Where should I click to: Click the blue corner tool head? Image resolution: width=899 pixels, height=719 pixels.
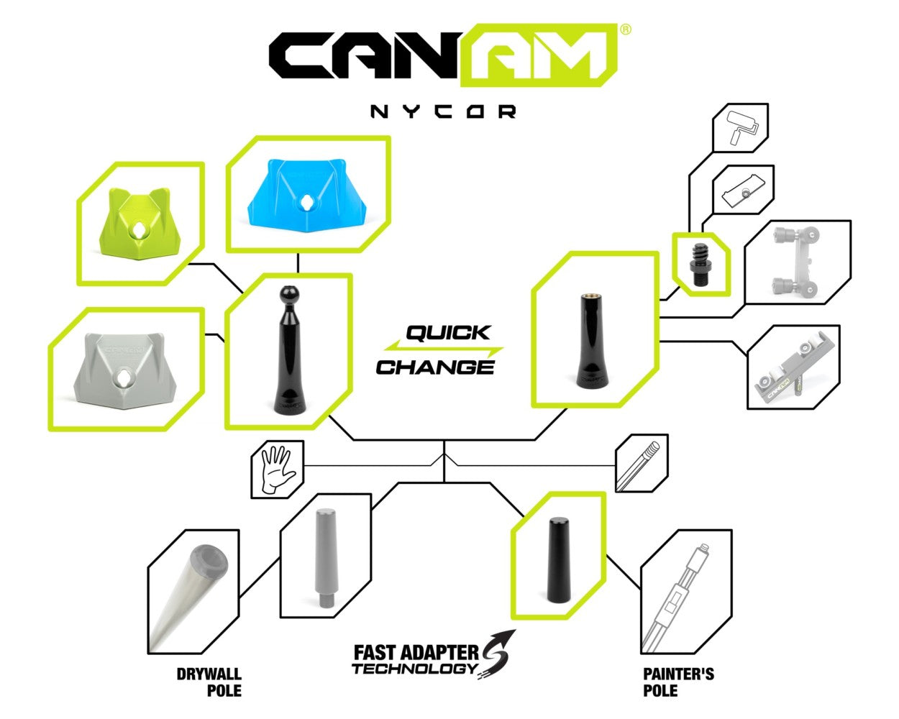(x=307, y=196)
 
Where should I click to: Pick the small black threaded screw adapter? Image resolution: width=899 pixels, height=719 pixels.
(x=701, y=265)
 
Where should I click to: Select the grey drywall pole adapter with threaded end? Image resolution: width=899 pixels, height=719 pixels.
(x=325, y=558)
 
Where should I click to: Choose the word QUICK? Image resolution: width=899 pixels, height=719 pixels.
(x=448, y=333)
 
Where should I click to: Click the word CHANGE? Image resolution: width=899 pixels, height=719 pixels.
(x=435, y=367)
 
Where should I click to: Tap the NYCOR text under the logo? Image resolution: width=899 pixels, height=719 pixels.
(x=443, y=112)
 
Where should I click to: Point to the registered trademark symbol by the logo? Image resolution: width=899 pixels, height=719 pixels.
(x=626, y=29)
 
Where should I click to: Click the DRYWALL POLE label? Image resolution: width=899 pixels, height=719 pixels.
(x=209, y=682)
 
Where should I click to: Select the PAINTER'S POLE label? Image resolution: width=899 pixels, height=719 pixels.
(x=678, y=682)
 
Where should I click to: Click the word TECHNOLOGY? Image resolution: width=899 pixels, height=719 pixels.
(x=414, y=669)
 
